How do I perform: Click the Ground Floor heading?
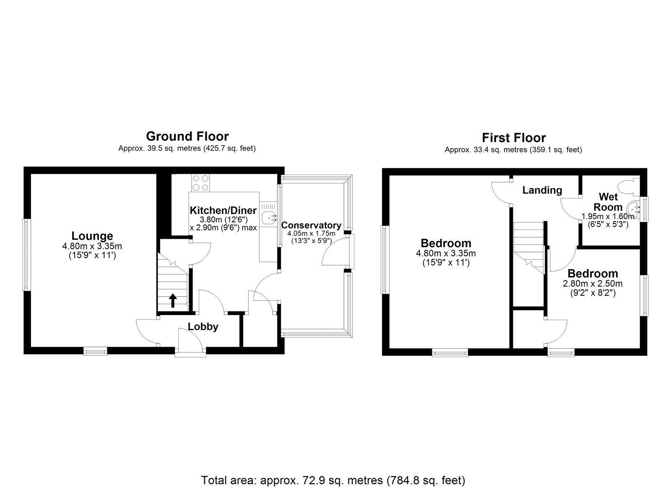pos(187,136)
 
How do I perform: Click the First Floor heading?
pos(513,138)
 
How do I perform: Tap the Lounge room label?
pos(92,236)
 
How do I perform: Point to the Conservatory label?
pos(311,225)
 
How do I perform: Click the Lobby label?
pos(203,327)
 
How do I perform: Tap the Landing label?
pos(542,190)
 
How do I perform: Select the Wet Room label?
pos(610,202)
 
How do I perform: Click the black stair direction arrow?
pos(172,300)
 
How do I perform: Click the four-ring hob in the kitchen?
pos(201,183)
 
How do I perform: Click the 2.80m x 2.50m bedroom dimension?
pos(592,284)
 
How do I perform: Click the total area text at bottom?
pos(333,468)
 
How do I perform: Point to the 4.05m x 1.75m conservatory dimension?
pos(311,234)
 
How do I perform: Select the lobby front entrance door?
pos(191,342)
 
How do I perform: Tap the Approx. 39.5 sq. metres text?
pos(187,148)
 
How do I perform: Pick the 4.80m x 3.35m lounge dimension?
pos(92,246)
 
